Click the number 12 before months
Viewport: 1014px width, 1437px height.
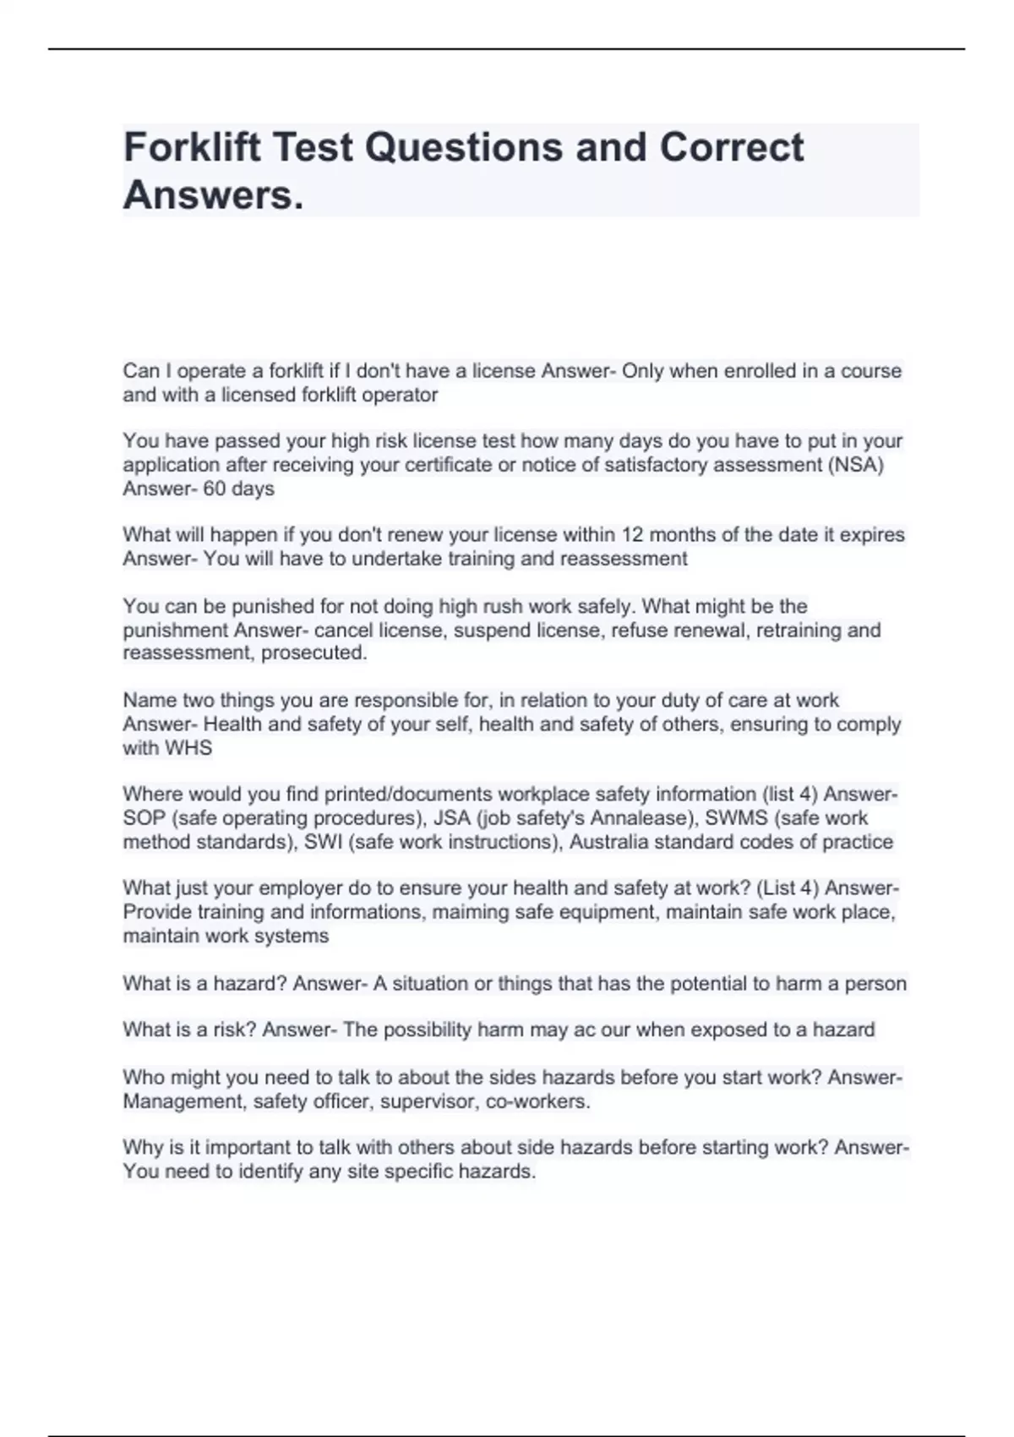[633, 535]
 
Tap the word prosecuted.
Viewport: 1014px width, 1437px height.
[314, 653]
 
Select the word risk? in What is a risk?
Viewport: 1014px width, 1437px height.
[231, 1030]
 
